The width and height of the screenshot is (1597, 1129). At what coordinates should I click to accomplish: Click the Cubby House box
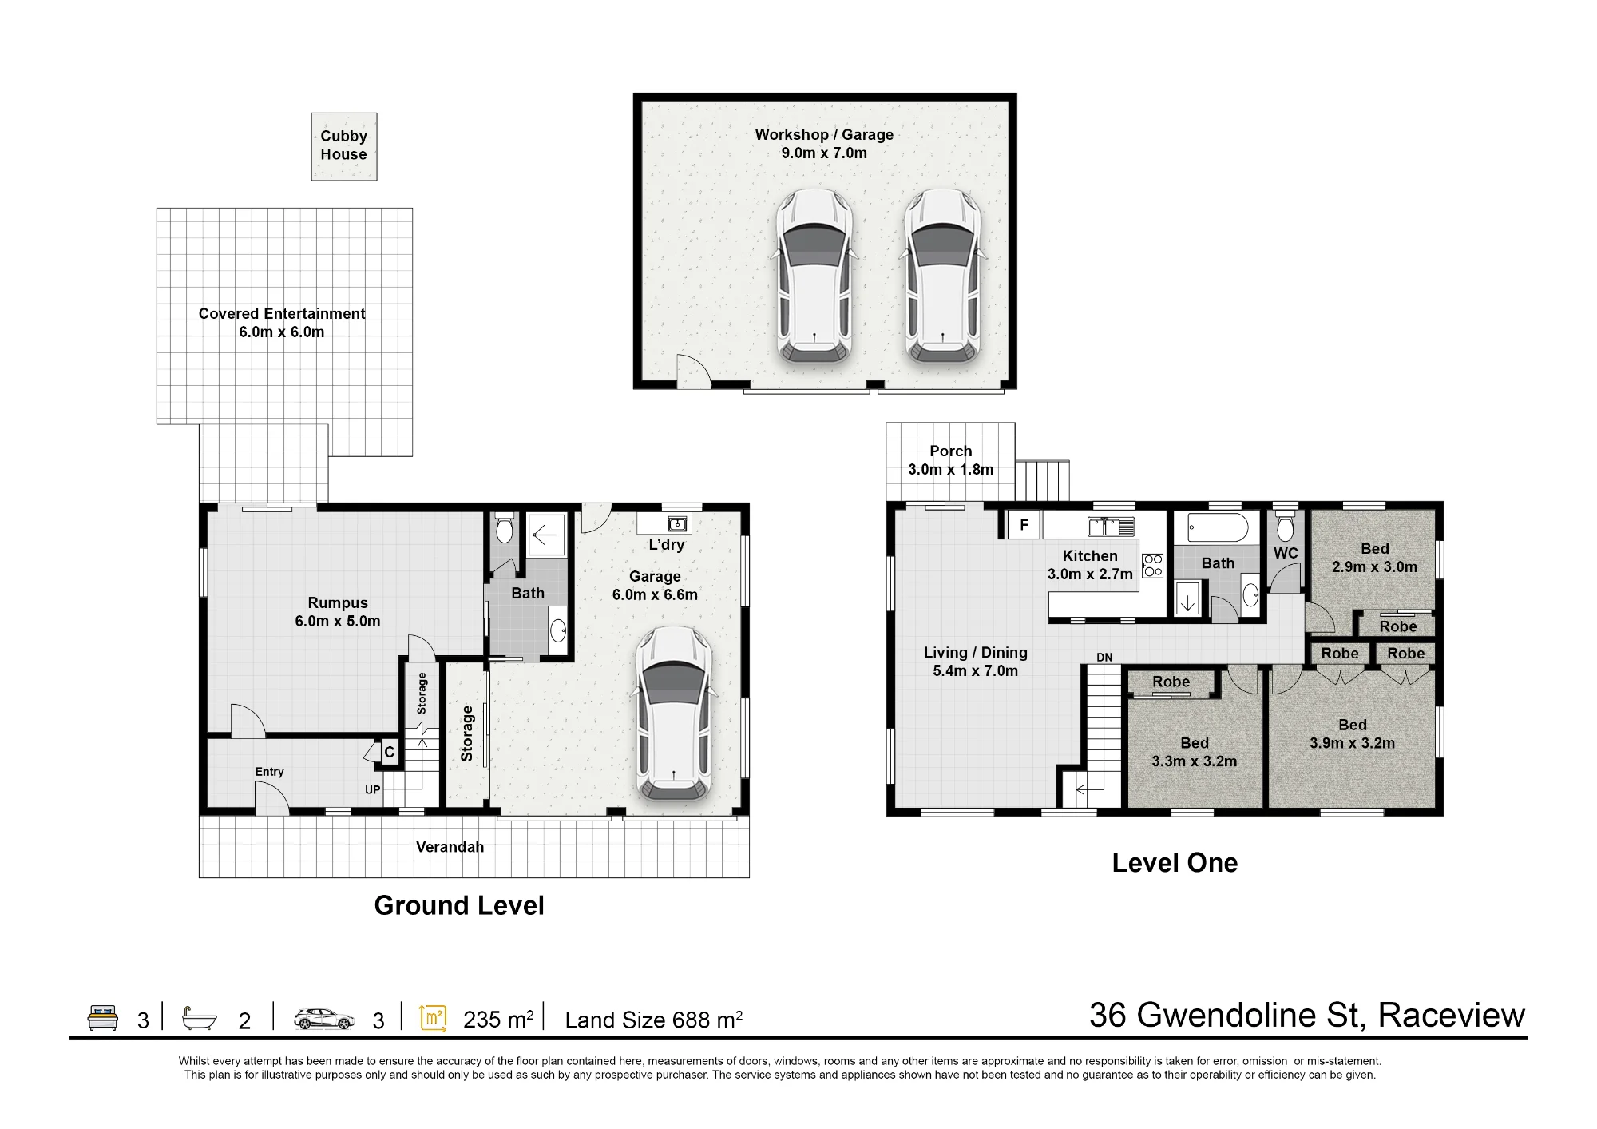tap(344, 146)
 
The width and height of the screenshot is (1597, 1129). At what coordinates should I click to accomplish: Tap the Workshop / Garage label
tap(824, 134)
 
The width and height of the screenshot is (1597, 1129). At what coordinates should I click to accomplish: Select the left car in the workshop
tap(814, 276)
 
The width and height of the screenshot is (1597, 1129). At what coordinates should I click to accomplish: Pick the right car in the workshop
tap(942, 276)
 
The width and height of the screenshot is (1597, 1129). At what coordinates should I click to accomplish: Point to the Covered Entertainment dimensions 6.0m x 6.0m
tap(282, 332)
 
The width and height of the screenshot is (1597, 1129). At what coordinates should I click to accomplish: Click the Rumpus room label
tap(338, 603)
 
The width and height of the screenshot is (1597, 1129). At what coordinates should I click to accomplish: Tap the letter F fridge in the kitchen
tap(1024, 526)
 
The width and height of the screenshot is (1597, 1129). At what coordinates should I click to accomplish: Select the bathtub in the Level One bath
tap(1218, 527)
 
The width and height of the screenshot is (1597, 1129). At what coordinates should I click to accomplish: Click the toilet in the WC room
tap(1285, 527)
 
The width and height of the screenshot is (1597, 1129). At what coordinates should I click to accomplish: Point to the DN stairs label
tap(1104, 658)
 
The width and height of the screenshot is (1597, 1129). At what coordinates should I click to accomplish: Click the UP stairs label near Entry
tap(373, 789)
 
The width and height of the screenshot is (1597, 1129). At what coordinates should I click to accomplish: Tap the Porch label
tap(951, 451)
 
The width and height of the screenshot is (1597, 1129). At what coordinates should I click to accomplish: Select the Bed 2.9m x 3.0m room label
tap(1375, 558)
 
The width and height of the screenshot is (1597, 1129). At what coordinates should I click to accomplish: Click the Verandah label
tap(450, 847)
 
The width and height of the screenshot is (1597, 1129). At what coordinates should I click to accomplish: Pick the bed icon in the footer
tap(102, 1018)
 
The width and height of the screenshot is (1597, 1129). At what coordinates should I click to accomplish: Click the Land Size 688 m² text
tap(654, 1020)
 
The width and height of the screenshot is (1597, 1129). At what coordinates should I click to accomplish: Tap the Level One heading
tap(1175, 863)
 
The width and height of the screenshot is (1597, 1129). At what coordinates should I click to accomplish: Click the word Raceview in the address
tap(1452, 1015)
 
